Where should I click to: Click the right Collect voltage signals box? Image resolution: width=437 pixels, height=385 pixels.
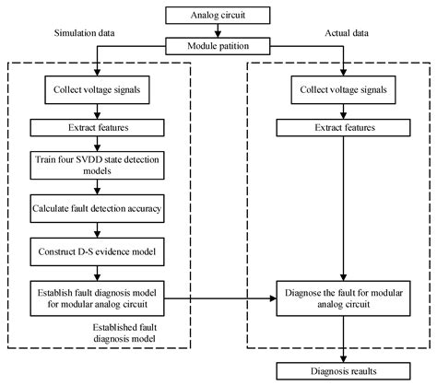343,91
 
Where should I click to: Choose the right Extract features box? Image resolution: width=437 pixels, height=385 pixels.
343,128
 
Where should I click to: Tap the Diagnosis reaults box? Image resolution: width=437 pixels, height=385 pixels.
343,370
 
